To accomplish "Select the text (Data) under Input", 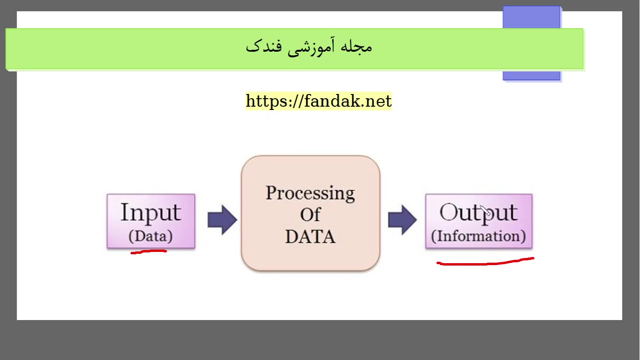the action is (150, 236).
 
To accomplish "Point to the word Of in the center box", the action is (310, 215).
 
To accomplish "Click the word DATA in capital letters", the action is (310, 237).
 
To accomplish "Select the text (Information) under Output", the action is (478, 236).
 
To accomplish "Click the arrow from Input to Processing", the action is (222, 220).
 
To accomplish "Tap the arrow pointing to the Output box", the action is (402, 220).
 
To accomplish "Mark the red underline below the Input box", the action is (148, 252).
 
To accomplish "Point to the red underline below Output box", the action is (485, 262).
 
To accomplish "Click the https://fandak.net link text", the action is (319, 101).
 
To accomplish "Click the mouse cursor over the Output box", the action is (485, 210).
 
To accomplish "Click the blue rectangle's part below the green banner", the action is (531, 75).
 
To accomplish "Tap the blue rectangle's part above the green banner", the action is (531, 17).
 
